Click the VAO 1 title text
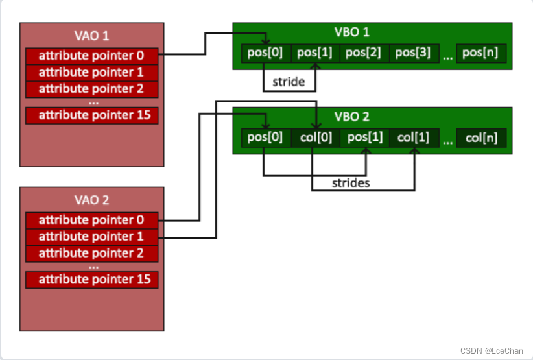click(91, 36)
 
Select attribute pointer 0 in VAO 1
click(91, 55)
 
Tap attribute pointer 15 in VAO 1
click(91, 115)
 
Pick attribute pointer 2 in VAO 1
click(91, 89)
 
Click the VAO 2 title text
click(91, 200)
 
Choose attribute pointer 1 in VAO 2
click(91, 237)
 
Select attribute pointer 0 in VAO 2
click(91, 220)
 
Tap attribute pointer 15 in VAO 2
click(91, 280)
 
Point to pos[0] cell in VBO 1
click(266, 53)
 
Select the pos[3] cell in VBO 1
click(414, 53)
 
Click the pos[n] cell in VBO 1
click(481, 53)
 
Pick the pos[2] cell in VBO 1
click(364, 53)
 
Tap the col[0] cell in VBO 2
click(315, 138)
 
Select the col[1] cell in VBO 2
click(414, 138)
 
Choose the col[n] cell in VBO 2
click(481, 138)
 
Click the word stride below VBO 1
click(289, 83)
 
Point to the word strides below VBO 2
click(351, 183)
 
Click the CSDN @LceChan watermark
click(492, 350)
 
